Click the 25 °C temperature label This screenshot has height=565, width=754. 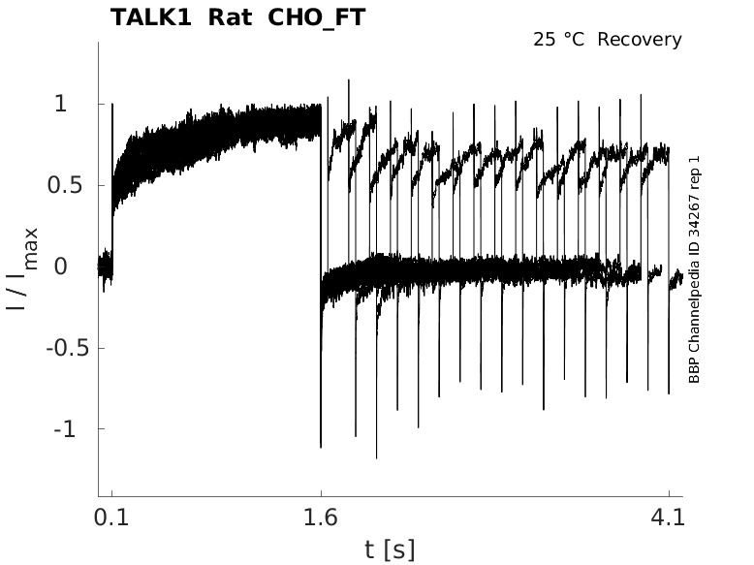click(x=559, y=40)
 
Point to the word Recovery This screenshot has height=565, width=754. click(x=640, y=40)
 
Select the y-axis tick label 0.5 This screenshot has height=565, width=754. click(x=63, y=185)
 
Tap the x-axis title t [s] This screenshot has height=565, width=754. click(x=390, y=550)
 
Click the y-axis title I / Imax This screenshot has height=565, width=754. click(x=23, y=267)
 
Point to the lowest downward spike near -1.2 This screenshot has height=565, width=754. click(x=376, y=455)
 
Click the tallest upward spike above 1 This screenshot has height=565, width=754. click(x=348, y=81)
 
